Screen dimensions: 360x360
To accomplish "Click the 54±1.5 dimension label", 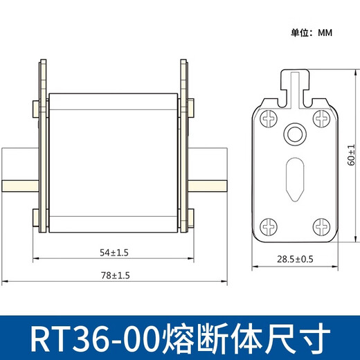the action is click(114, 253).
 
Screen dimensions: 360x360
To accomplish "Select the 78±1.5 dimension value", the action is click(116, 276).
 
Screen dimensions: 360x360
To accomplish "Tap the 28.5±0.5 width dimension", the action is click(295, 259).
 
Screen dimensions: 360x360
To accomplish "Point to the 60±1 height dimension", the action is click(351, 155).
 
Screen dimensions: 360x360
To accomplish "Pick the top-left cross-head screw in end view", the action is click(269, 118).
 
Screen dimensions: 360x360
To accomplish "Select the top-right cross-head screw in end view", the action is click(321, 118).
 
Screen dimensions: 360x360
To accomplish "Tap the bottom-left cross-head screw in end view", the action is click(269, 226).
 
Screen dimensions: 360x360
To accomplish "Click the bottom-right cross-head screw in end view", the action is click(321, 226).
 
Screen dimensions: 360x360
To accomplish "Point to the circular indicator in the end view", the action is click(295, 134).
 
